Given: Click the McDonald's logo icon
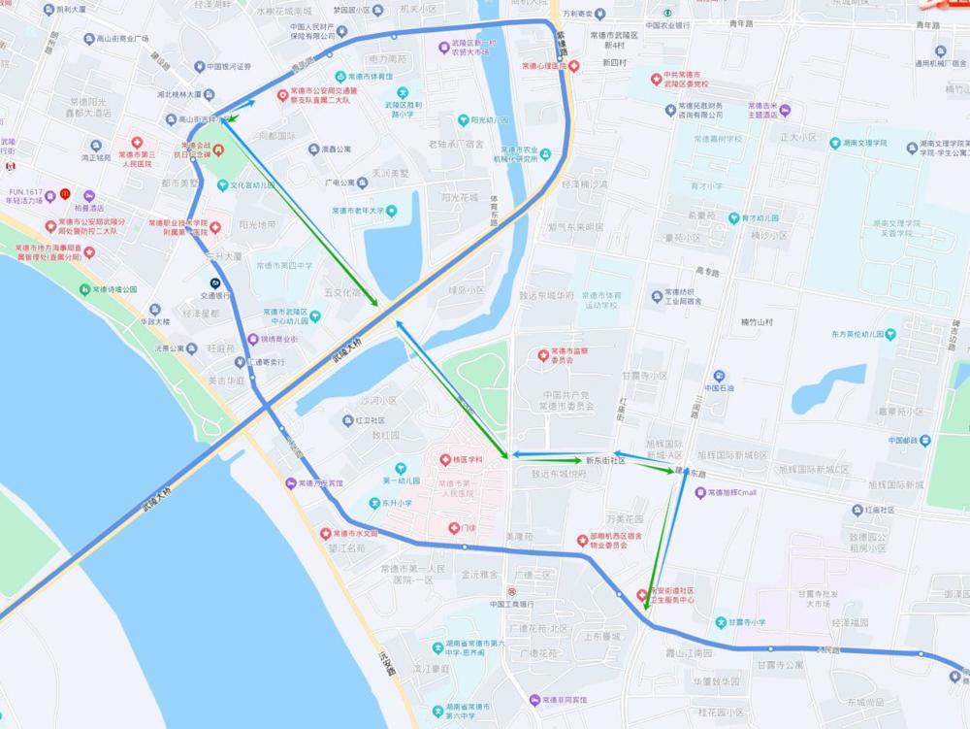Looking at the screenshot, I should click(x=65, y=193).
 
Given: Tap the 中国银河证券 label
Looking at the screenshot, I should click(x=229, y=67).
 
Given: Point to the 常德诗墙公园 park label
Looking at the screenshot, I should click(x=114, y=289).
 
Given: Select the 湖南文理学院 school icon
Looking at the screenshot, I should click(x=835, y=143).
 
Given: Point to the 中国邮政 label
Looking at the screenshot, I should click(x=910, y=440).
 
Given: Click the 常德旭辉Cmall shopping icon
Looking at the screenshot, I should click(x=699, y=493).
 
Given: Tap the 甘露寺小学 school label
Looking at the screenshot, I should click(x=747, y=622).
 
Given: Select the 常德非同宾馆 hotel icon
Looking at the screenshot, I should click(x=533, y=700).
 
